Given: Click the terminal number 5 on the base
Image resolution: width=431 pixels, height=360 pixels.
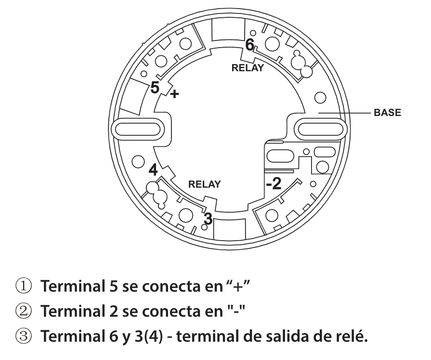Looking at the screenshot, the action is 154,88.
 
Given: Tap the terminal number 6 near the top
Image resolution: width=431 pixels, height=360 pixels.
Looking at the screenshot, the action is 249,44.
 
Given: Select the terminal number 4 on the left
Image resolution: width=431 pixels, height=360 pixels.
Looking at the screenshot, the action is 153,170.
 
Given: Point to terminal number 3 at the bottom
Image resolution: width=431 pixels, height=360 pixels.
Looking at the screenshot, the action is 208,218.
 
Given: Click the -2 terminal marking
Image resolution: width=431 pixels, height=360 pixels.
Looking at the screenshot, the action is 273,183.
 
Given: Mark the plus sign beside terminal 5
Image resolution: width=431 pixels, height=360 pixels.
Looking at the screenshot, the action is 174,94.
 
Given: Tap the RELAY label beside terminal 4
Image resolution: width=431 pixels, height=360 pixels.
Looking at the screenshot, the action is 204,184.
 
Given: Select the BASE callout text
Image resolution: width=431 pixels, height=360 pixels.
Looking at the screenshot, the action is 387,114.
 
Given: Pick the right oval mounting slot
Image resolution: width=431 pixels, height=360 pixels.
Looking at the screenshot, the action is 321,128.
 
